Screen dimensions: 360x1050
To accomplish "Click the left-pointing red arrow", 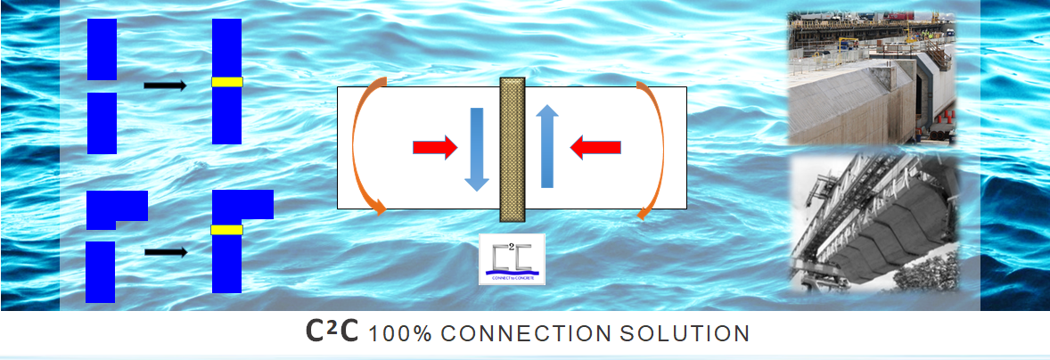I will pos(595,146).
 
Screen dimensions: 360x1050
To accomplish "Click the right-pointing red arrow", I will pos(434,146).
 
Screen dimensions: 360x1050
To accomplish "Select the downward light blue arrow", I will pos(477,148).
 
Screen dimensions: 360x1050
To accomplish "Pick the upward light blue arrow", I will pos(547,146).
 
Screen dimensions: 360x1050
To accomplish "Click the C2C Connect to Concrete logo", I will pos(512,258).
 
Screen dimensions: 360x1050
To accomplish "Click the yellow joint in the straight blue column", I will pos(227,82).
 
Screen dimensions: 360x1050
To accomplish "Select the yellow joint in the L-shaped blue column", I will pos(226,230).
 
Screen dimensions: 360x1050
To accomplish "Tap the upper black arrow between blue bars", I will pos(165,86).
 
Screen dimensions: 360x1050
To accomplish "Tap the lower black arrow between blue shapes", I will pos(166,252).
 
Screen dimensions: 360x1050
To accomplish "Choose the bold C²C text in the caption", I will pos(332,332).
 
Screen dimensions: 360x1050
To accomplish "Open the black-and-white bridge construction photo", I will pos(873,222).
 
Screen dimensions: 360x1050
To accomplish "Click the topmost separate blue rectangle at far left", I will pos(102,49).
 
